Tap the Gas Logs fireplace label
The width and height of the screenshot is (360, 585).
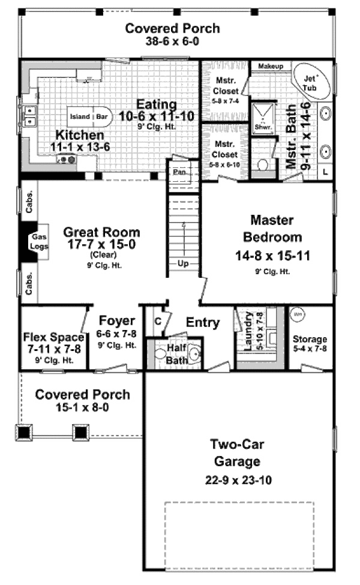pos(37,241)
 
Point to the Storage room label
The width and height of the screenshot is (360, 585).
pos(310,340)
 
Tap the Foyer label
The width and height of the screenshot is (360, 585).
pos(116,321)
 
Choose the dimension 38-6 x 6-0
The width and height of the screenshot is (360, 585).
pos(172,43)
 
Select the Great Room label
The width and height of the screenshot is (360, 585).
pos(101,232)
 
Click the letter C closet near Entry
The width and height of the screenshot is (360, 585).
pos(158,321)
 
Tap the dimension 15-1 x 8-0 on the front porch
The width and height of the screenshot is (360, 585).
pos(82,408)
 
